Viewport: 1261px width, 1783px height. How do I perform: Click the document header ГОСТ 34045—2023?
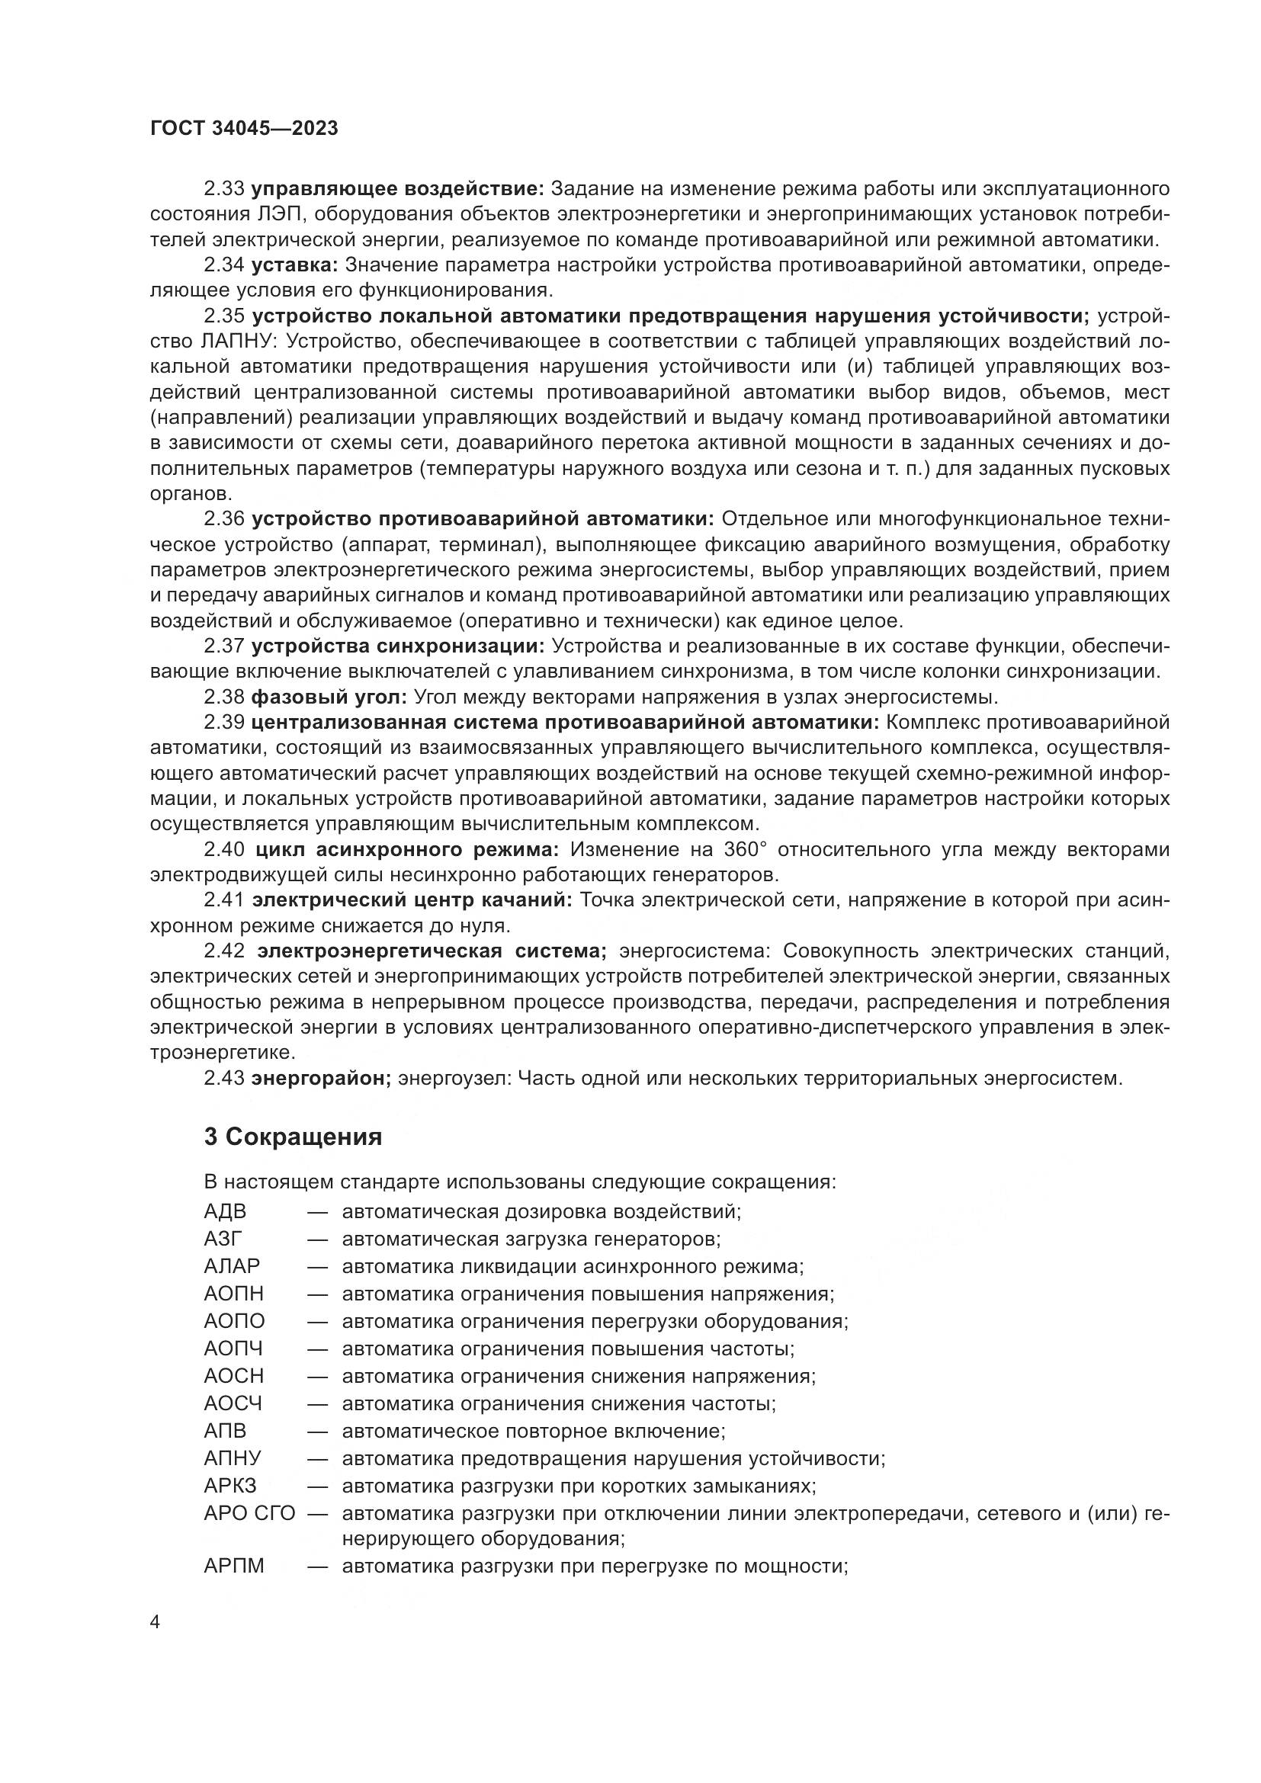244,129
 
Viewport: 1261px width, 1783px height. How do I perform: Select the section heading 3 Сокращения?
293,1137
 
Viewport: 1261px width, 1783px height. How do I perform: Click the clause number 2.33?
224,189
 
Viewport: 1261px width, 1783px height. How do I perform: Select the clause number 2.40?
224,849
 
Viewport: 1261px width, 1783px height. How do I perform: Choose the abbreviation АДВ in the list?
225,1211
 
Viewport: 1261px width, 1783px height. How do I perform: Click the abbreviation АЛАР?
233,1267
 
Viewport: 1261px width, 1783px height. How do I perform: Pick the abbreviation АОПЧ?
234,1349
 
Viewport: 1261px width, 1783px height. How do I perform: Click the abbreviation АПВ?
225,1430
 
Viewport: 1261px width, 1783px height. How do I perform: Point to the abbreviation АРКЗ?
230,1486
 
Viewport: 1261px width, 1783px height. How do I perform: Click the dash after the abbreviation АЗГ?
317,1239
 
